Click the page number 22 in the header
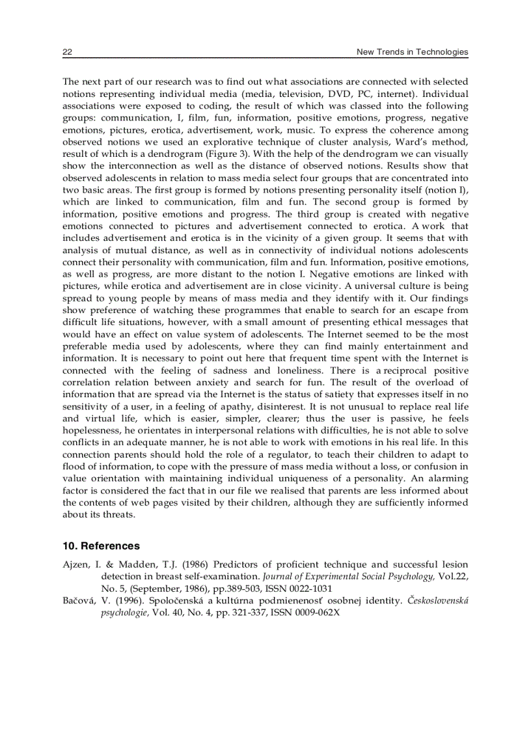(x=67, y=52)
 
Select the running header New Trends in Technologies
(x=412, y=52)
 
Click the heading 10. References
(x=101, y=545)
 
